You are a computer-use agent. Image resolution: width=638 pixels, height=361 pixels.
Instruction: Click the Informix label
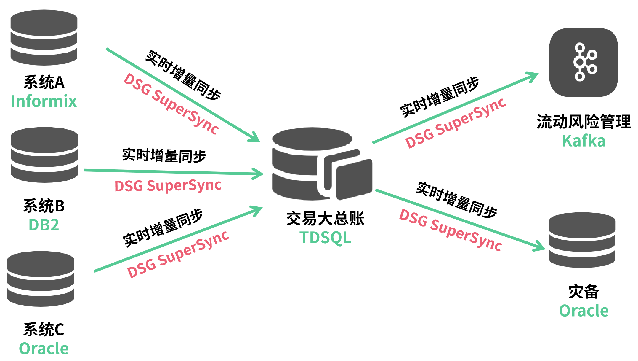44,101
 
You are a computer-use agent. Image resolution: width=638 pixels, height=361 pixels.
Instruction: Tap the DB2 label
44,225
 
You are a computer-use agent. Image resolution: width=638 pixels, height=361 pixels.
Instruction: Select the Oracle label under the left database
44,349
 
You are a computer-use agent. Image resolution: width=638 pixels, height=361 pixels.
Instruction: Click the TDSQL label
325,238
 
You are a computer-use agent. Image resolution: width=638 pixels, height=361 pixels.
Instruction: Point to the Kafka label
584,141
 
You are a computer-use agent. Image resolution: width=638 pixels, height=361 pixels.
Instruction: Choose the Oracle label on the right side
584,311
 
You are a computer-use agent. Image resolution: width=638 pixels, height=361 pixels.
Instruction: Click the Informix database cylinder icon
44,38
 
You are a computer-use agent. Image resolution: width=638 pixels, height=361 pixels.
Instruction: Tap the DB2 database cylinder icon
44,155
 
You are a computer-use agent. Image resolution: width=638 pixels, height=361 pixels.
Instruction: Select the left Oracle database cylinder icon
41,279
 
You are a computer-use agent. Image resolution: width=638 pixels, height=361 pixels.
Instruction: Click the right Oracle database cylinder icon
582,240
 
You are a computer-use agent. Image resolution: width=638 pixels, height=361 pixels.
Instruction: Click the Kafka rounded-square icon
584,62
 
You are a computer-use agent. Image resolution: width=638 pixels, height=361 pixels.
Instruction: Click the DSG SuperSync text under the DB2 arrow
168,186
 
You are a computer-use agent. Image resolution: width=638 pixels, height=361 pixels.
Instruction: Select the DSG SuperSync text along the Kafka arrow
456,123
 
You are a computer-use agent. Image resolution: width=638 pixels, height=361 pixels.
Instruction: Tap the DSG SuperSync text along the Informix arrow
171,104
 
